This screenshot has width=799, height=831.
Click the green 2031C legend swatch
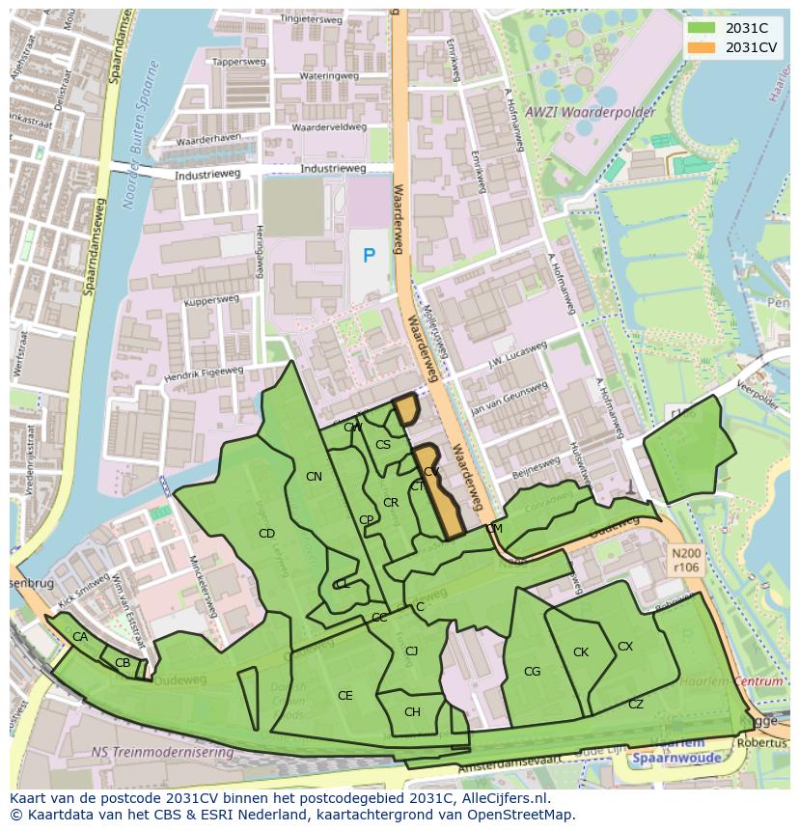(x=702, y=29)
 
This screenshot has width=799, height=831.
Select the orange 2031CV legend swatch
(x=702, y=47)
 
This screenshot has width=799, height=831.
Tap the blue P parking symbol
(x=369, y=256)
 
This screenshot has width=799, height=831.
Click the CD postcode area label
(x=266, y=534)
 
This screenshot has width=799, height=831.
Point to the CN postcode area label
(x=314, y=477)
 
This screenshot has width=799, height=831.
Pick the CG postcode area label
(x=532, y=672)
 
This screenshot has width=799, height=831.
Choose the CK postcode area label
(x=580, y=652)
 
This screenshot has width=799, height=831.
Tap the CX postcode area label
(x=625, y=647)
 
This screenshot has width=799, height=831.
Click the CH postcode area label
(x=412, y=712)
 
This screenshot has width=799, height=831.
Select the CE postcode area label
(x=344, y=696)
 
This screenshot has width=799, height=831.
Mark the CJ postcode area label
(x=411, y=651)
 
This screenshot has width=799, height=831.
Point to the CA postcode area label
(x=80, y=637)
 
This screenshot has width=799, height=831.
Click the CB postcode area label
(x=123, y=663)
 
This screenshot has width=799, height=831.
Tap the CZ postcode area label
(x=635, y=705)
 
